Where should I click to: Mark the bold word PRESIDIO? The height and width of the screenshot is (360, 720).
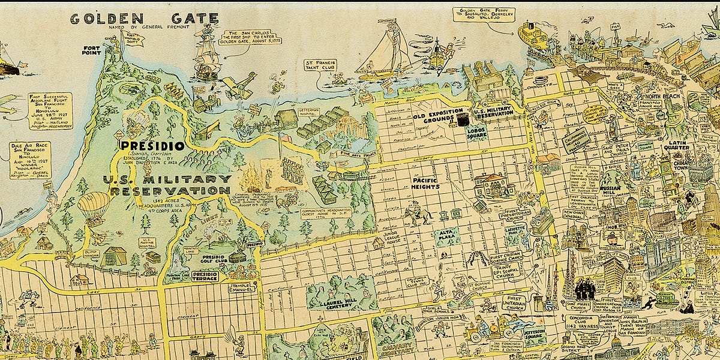coord(151,145)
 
